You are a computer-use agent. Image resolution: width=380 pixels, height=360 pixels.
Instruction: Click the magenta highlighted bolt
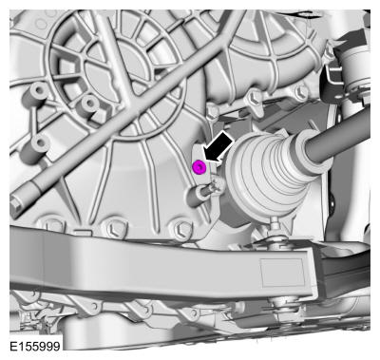(199, 167)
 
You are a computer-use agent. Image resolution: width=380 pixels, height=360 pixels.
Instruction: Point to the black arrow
(218, 147)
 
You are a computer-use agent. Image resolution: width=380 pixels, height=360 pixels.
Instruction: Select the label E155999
(35, 346)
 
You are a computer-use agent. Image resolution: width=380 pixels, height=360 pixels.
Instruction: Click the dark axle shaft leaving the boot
(340, 135)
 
